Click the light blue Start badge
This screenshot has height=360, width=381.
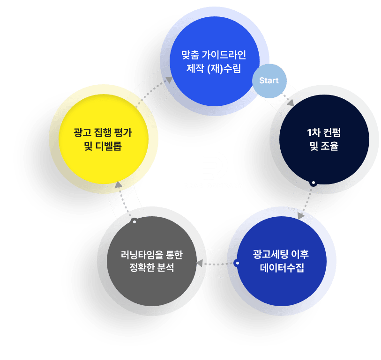click(x=269, y=81)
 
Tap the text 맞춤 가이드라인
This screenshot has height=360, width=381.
click(x=214, y=55)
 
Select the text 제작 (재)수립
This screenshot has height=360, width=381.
click(x=214, y=70)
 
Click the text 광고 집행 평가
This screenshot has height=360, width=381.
click(x=103, y=132)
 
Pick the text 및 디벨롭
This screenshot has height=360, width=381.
click(x=103, y=146)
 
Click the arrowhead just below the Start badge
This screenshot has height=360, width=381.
click(x=291, y=103)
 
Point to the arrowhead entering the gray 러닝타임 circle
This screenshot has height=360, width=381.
click(x=200, y=263)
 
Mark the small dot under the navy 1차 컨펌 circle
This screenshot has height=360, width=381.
click(x=313, y=183)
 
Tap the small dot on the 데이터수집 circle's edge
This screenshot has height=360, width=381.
click(x=237, y=263)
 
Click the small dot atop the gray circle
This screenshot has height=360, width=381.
click(x=134, y=221)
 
